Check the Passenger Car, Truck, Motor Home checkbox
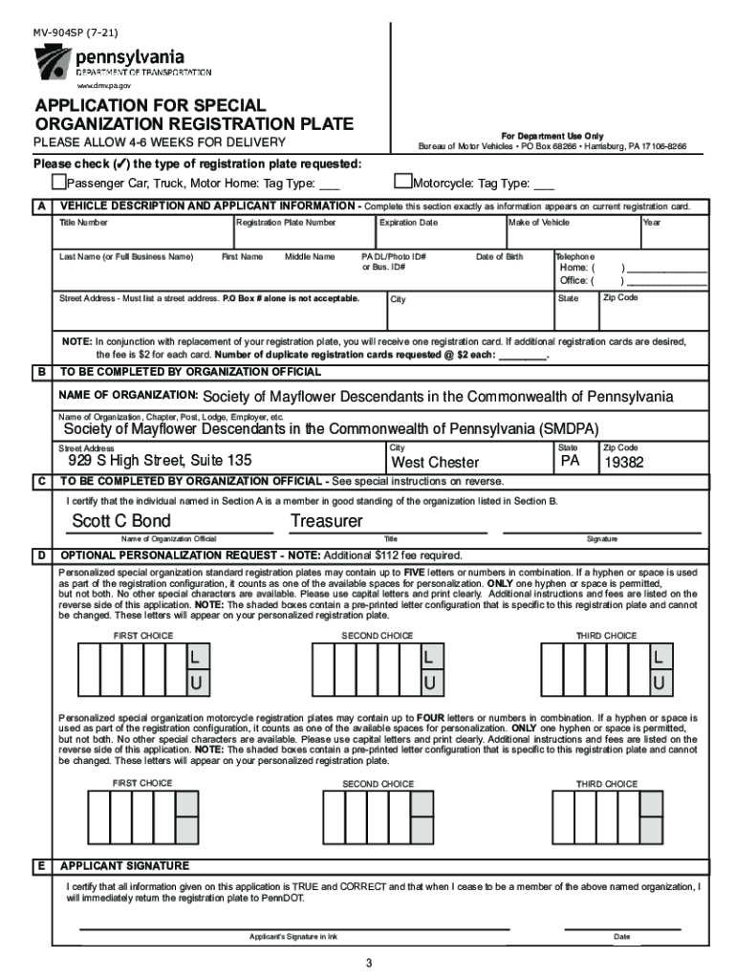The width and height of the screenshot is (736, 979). pos(58,183)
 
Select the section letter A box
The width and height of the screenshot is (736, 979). pos(42,207)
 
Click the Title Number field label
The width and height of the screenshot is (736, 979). pos(83,223)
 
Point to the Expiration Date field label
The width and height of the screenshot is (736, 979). pos(408,223)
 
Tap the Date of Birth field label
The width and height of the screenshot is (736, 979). pos(499,257)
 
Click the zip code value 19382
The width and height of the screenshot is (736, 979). pos(624,463)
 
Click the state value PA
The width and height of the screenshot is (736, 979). pos(571,461)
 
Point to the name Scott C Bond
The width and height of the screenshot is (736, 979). pos(121,521)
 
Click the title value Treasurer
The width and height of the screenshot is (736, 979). pos(326,521)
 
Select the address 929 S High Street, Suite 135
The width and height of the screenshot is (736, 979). pos(160,460)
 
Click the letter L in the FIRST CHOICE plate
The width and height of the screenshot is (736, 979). pos(195,658)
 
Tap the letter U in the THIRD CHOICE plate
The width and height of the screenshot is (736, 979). pos(658,683)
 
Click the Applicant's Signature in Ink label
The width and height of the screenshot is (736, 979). pos(293,936)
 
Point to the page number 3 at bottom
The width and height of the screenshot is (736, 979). pos(368,962)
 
